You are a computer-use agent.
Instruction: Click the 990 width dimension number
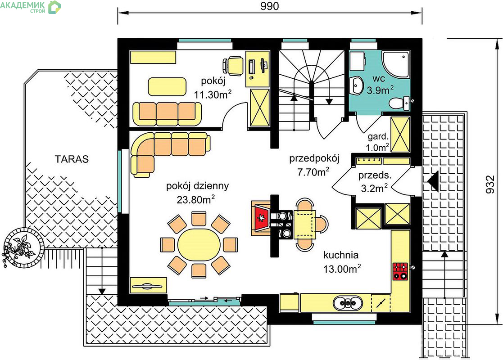[269, 6]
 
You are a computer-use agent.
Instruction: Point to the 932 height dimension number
[490, 184]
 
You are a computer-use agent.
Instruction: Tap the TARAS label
[72, 159]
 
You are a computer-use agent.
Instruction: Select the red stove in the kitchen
[400, 271]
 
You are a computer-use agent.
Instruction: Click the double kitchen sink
[348, 302]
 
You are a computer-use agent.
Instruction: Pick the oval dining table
[199, 245]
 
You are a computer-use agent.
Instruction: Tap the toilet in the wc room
[399, 103]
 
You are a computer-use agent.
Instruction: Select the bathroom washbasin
[356, 86]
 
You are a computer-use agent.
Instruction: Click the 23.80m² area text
[196, 199]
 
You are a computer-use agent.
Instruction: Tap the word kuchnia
[341, 255]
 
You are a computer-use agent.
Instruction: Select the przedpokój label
[314, 158]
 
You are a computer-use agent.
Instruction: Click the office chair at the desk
[233, 66]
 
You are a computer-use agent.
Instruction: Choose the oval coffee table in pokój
[167, 86]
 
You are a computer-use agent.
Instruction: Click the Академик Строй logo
[31, 7]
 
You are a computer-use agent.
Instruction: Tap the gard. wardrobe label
[378, 136]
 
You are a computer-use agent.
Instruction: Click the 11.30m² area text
[213, 94]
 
